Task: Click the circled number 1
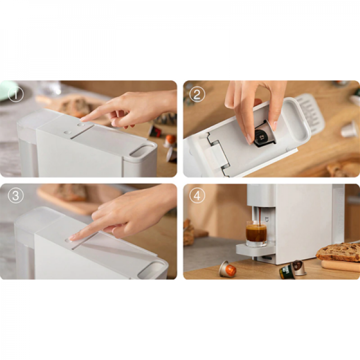pyautogui.click(x=16, y=94)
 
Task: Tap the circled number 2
pyautogui.click(x=197, y=94)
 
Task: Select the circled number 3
pyautogui.click(x=16, y=195)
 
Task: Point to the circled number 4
pyautogui.click(x=197, y=195)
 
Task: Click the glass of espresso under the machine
pyautogui.click(x=256, y=234)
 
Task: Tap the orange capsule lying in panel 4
pyautogui.click(x=228, y=268)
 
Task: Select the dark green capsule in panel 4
pyautogui.click(x=287, y=272)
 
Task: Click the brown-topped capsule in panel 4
pyautogui.click(x=299, y=268)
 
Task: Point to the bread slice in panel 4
pyautogui.click(x=339, y=252)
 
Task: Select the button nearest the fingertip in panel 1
pyautogui.click(x=80, y=125)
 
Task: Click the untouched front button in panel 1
pyautogui.click(x=67, y=132)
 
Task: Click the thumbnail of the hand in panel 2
pyautogui.click(x=249, y=139)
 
